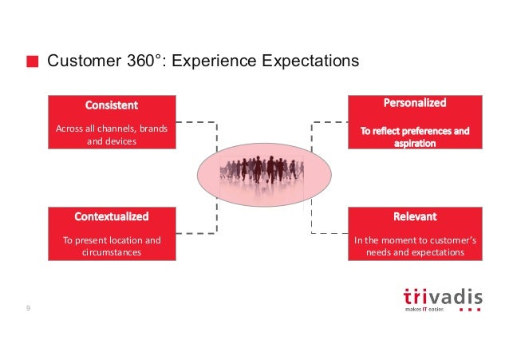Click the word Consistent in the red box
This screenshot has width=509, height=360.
pyautogui.click(x=112, y=105)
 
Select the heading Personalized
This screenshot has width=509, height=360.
pyautogui.click(x=415, y=103)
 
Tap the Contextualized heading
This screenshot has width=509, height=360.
pyautogui.click(x=112, y=216)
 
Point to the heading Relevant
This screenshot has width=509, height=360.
pyautogui.click(x=415, y=216)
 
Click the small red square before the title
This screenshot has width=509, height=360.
pyautogui.click(x=32, y=62)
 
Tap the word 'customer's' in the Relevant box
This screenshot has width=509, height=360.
pyautogui.click(x=451, y=239)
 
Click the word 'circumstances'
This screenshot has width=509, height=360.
pyautogui.click(x=112, y=252)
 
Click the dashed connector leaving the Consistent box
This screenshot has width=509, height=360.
pyautogui.click(x=191, y=122)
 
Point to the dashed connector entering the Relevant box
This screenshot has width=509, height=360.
pyautogui.click(x=331, y=233)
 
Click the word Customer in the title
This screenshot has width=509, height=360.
pyautogui.click(x=81, y=61)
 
